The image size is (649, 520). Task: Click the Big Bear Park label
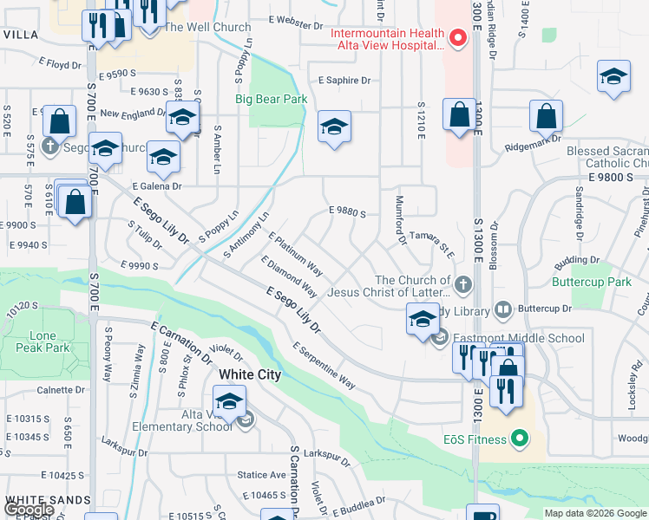(x=271, y=99)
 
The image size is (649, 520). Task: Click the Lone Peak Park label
(x=36, y=341)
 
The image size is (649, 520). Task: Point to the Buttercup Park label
(x=591, y=283)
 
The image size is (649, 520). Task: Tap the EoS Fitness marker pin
(x=520, y=439)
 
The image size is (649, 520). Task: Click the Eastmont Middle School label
(x=517, y=338)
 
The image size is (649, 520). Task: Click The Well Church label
(x=207, y=27)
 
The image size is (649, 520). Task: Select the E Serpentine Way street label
(x=324, y=366)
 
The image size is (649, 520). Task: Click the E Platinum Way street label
(x=296, y=255)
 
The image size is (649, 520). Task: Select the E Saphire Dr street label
(x=344, y=80)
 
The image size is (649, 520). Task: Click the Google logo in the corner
(x=28, y=510)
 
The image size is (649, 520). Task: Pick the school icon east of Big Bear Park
(x=334, y=128)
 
